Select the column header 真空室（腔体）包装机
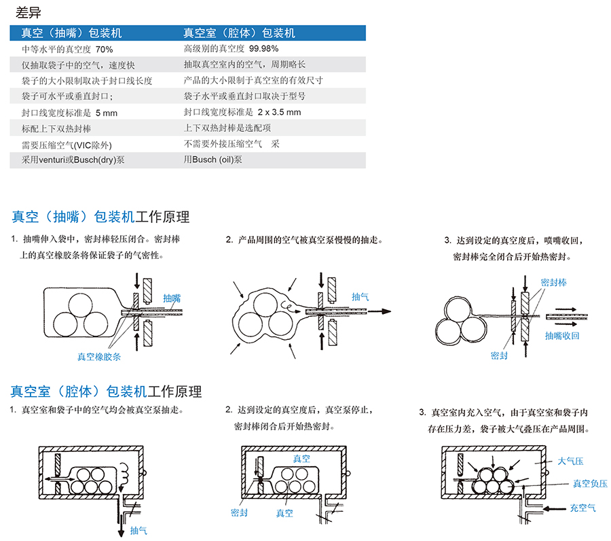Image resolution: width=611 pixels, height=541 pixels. pos(239,33)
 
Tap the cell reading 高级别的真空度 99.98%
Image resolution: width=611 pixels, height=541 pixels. pos(231,49)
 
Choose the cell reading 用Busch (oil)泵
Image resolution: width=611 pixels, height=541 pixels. pos(212,160)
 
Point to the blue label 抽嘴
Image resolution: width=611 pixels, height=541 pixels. pos(172,298)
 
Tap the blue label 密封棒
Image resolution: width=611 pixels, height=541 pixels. pos(553,282)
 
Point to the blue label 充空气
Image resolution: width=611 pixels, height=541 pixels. pos(583,507)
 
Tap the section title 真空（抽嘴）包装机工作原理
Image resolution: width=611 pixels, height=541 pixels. pos(100,217)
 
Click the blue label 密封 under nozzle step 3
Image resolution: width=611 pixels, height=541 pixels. pos(498,355)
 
